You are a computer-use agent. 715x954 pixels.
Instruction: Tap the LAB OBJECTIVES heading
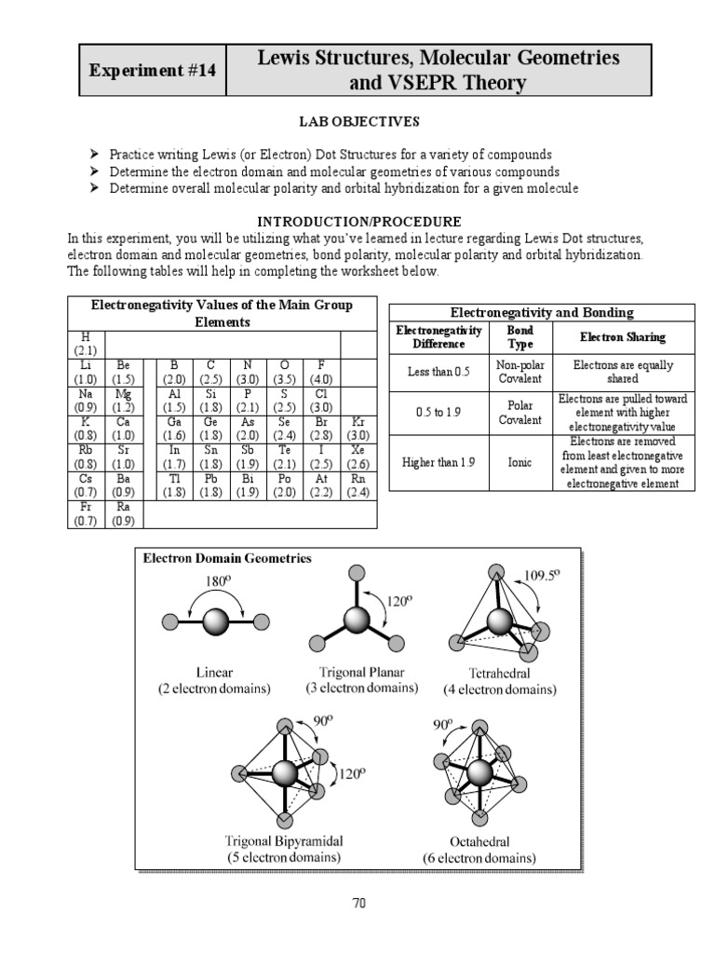[x=357, y=121]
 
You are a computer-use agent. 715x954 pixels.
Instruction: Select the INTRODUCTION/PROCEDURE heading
[x=358, y=222]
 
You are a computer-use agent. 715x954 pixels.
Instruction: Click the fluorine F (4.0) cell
[x=319, y=373]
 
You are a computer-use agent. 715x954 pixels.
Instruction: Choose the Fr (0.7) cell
[x=86, y=513]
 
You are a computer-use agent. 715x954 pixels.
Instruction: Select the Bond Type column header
[x=519, y=336]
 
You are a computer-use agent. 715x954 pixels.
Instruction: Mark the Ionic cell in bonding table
[x=519, y=461]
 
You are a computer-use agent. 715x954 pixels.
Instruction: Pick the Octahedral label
[x=483, y=840]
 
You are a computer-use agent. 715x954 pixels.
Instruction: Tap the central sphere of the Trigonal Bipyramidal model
[x=286, y=772]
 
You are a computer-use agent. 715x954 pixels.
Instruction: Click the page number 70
[x=357, y=902]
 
